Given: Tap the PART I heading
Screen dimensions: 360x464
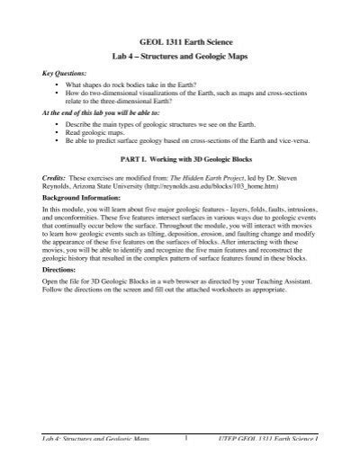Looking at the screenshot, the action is point(180,161).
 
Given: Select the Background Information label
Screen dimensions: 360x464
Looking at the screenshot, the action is point(83,198).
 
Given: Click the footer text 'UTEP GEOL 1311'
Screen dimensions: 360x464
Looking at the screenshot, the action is point(271,439).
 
